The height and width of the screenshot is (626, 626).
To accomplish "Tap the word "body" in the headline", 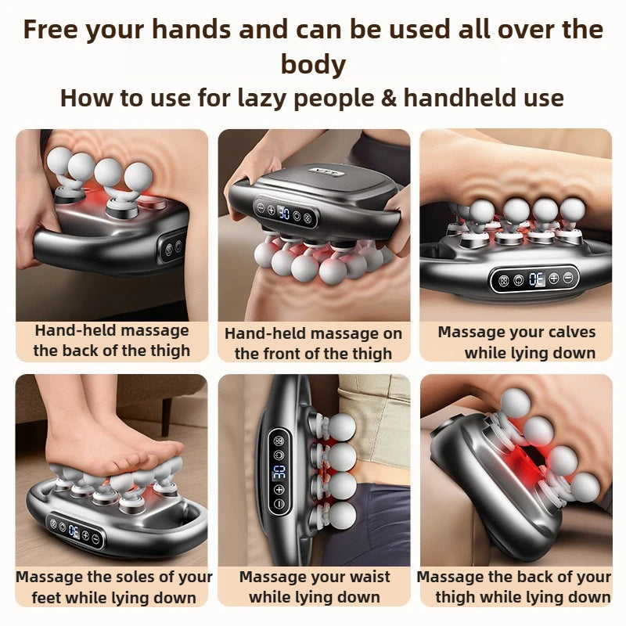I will pos(313,63).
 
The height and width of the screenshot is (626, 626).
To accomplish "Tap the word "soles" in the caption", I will pos(141,577).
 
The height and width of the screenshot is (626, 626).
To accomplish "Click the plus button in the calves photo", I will pos(553,278).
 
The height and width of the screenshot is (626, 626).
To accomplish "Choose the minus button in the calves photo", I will pos(568,278).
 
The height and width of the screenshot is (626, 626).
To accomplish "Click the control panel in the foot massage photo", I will pos(74,533).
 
